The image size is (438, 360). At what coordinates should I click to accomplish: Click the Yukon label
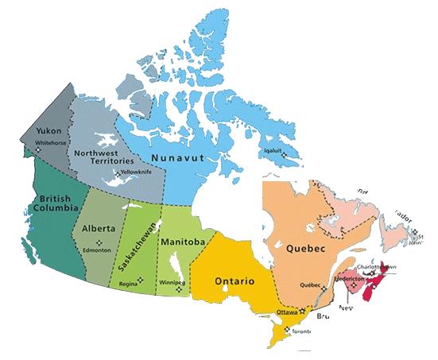click(50, 130)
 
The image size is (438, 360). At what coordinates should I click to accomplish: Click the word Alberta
click(99, 228)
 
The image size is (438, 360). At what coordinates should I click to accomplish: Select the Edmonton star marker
click(98, 242)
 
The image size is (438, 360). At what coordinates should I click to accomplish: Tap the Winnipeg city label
click(169, 281)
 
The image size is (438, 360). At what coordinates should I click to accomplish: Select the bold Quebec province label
click(306, 248)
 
